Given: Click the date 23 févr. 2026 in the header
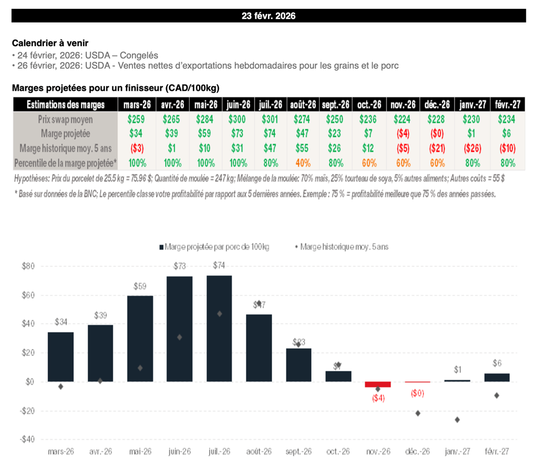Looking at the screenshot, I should pos(268,16).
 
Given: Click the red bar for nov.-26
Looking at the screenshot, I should pos(378,385).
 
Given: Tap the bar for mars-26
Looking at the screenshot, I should pos(60,357).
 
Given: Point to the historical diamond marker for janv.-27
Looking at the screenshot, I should pos(457,420).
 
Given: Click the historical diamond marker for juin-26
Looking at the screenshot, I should pos(179,337).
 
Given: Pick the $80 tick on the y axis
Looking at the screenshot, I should pos(28,266).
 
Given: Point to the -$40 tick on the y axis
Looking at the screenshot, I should pos(28,439).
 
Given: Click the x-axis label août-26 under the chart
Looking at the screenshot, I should pos(259,451).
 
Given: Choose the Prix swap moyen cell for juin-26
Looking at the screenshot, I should pos(239,119).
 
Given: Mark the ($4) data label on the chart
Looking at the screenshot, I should pos(378,398).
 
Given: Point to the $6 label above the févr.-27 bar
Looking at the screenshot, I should pos(497,363).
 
